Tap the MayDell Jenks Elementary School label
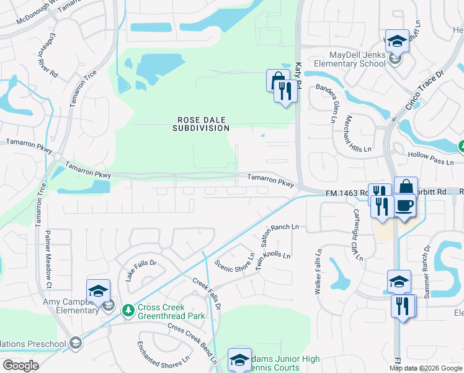pos(350,59)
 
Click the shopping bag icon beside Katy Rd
pos(276,80)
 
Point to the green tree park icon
pos(128,309)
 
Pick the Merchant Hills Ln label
pos(358,134)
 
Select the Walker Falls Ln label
pos(318,272)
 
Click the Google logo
pos(20,366)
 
